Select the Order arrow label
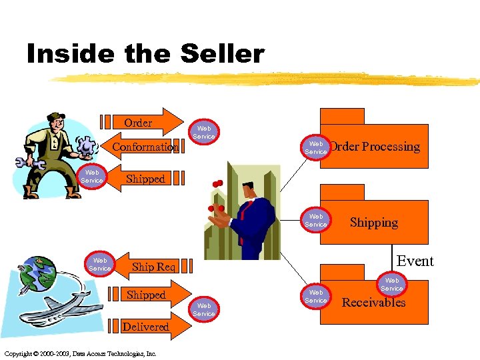pyautogui.click(x=138, y=123)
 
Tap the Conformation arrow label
pyautogui.click(x=145, y=147)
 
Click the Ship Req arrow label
pyautogui.click(x=153, y=267)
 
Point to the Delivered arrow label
pyautogui.click(x=145, y=327)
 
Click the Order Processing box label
pyautogui.click(x=375, y=147)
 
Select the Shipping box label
pyautogui.click(x=373, y=223)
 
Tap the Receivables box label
pyautogui.click(x=373, y=303)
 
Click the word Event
pyautogui.click(x=415, y=261)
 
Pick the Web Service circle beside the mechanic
pyautogui.click(x=92, y=177)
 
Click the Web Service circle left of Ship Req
pyautogui.click(x=100, y=264)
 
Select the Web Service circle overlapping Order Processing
pyautogui.click(x=316, y=147)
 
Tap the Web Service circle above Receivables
pyautogui.click(x=392, y=285)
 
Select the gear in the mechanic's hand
pyautogui.click(x=87, y=145)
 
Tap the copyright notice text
pyautogui.click(x=80, y=353)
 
